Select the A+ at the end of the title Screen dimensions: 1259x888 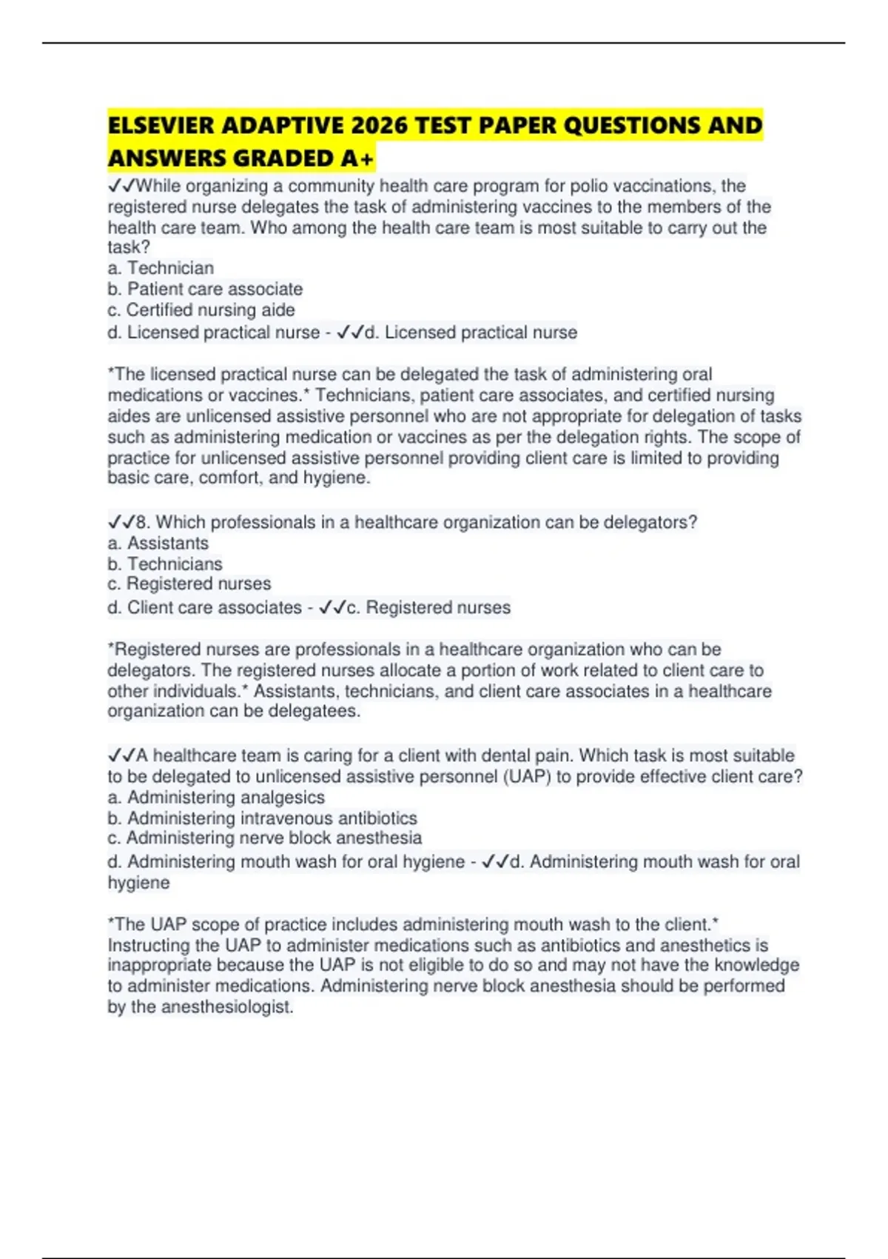coord(358,158)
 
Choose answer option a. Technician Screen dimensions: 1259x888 coord(161,268)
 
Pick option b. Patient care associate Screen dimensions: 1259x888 coord(205,289)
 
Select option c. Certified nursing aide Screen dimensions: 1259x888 coord(201,310)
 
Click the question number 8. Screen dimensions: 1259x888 coord(143,523)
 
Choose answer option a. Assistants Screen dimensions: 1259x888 coord(158,543)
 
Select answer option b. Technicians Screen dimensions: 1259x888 coord(165,564)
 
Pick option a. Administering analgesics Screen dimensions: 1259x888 coord(216,798)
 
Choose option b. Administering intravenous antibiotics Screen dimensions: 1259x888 coord(262,818)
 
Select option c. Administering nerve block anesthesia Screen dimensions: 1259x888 coord(264,838)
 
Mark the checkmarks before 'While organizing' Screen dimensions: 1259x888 coord(121,186)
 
